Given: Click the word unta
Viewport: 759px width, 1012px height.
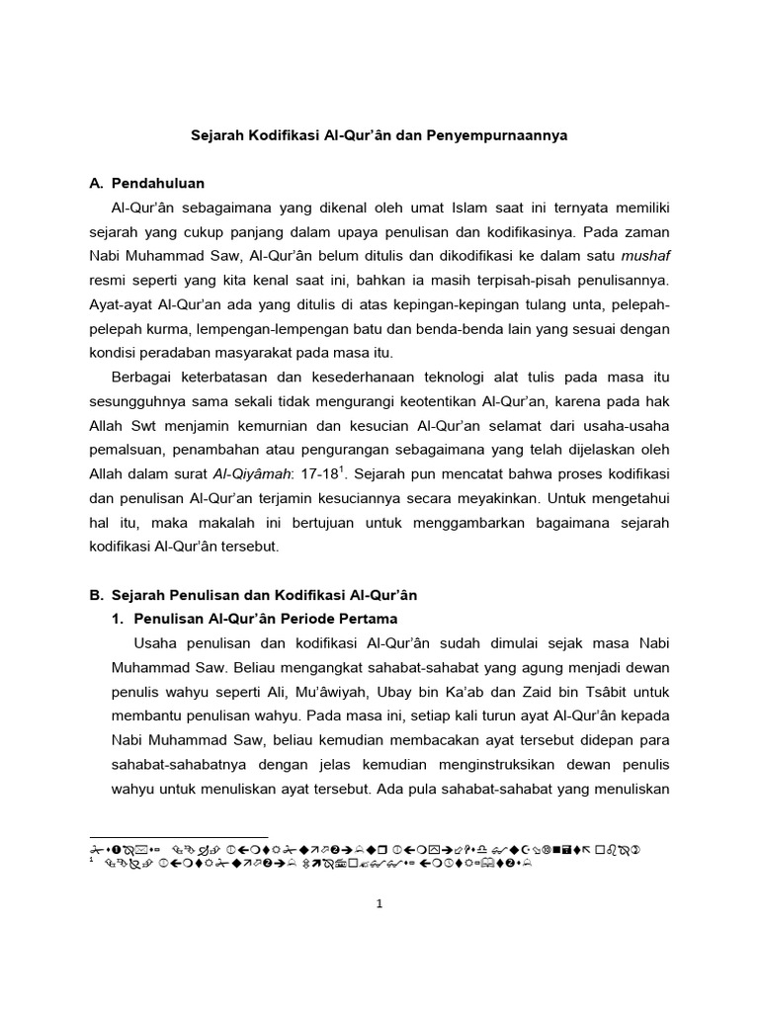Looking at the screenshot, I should [574, 304].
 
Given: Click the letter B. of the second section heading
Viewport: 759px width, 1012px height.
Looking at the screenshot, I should [96, 595].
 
